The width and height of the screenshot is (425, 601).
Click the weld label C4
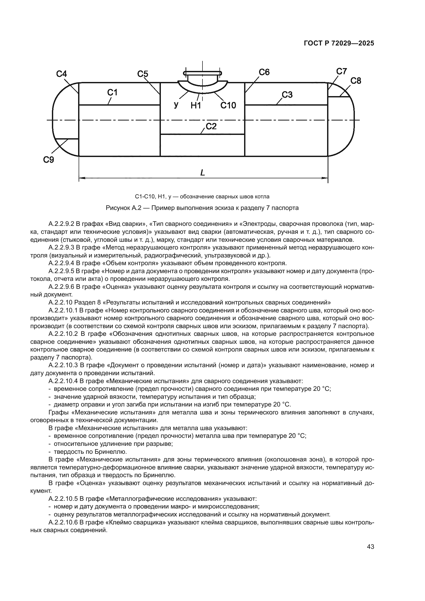pos(61,74)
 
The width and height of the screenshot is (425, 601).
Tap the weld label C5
pos(143,74)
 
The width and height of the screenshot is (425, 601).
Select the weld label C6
pos(264,72)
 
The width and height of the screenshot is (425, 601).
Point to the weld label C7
pos(341,71)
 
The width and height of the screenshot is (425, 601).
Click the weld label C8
pos(356,81)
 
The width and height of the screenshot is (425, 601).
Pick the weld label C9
pos(49,159)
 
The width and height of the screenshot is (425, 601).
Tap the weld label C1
pos(112,93)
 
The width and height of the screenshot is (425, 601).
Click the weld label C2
pos(211,126)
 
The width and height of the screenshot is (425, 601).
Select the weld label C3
pos(287,95)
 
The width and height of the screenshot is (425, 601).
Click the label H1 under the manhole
pos(196,105)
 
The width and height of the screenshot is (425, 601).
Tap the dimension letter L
pos(202,173)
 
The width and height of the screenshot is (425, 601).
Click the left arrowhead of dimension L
pos(82,178)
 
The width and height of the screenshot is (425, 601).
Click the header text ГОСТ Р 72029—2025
pos(339,43)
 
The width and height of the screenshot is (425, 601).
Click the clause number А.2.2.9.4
pos(61,263)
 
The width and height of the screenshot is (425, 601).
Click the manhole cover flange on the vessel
pos(202,73)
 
